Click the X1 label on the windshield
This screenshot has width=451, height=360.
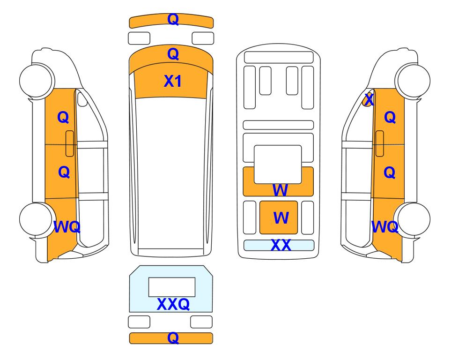[x=172, y=81]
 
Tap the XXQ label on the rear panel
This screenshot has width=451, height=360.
[x=173, y=304]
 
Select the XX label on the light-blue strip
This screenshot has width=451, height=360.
[x=281, y=245]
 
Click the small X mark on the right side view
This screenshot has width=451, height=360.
[x=369, y=100]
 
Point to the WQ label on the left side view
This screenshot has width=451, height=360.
[x=67, y=227]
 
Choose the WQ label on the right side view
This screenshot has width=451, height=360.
[x=385, y=227]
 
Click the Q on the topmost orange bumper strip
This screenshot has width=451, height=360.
[x=173, y=19]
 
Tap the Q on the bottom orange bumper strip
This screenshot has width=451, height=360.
[x=173, y=338]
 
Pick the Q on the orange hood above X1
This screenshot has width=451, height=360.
[x=173, y=54]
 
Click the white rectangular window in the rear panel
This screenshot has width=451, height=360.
[x=172, y=287]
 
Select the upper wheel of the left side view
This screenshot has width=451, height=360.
[x=37, y=80]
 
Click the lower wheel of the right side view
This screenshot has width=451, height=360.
[x=413, y=219]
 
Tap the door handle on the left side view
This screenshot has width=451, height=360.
[x=70, y=143]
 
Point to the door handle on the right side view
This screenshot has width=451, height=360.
[x=380, y=143]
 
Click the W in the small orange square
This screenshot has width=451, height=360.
[x=281, y=217]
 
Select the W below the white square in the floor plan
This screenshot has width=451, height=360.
[x=280, y=190]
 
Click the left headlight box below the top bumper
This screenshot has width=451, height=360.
[x=139, y=38]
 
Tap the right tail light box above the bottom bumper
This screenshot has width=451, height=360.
[x=201, y=322]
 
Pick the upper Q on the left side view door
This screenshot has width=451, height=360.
[x=63, y=117]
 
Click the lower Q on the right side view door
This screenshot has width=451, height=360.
[x=390, y=172]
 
